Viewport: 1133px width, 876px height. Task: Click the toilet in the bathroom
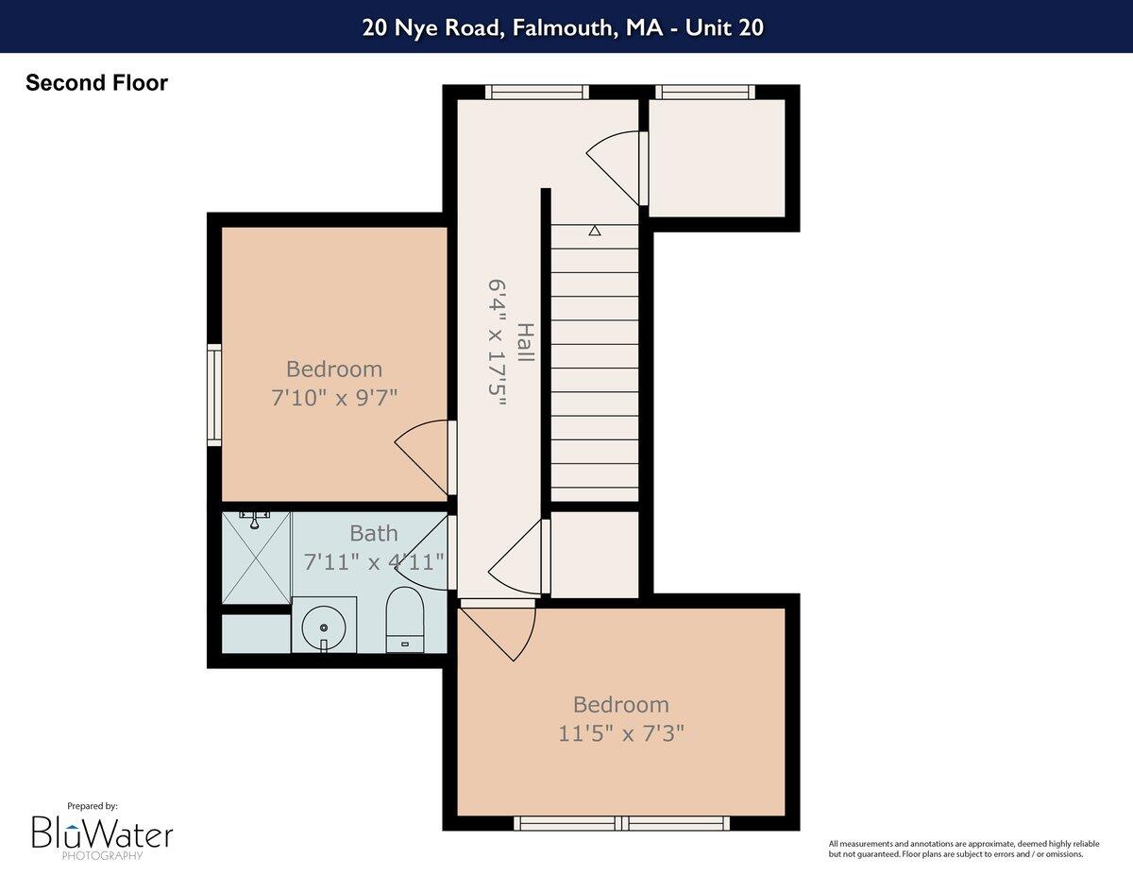tap(406, 619)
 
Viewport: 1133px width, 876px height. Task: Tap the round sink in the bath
tap(324, 626)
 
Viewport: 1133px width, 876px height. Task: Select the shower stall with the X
tap(256, 559)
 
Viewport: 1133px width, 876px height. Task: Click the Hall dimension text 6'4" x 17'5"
tap(498, 342)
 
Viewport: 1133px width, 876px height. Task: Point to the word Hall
tap(525, 342)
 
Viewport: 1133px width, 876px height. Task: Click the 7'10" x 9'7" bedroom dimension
tap(334, 398)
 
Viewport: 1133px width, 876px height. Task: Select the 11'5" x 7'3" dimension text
tap(620, 732)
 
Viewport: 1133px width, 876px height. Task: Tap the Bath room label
tap(374, 533)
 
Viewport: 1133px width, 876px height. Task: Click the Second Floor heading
tap(96, 83)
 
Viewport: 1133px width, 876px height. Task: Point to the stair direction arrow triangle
tap(595, 231)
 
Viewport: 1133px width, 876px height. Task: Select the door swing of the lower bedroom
tap(500, 631)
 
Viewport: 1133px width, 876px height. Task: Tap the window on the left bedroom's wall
tap(214, 395)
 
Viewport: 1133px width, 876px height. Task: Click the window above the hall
tap(537, 92)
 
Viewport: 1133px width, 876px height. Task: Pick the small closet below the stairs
tap(595, 555)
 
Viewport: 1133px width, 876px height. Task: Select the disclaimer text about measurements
tap(955, 849)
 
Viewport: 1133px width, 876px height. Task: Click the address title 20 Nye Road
tap(563, 27)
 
